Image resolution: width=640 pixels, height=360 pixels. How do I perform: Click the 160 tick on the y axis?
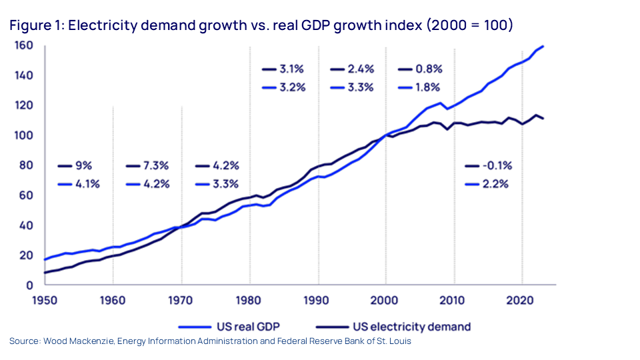coord(25,46)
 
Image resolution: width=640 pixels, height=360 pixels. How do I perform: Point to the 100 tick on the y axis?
coord(25,135)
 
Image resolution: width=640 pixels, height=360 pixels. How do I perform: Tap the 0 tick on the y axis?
coord(31,285)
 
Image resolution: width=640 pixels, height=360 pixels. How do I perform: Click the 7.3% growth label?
coord(156,166)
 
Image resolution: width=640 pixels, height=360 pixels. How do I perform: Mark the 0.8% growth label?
coord(428,69)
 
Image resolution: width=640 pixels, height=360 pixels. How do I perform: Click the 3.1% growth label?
coord(292,69)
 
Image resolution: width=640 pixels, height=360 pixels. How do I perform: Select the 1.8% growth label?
coord(428,87)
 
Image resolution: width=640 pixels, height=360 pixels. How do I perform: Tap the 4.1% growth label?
coord(87,184)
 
